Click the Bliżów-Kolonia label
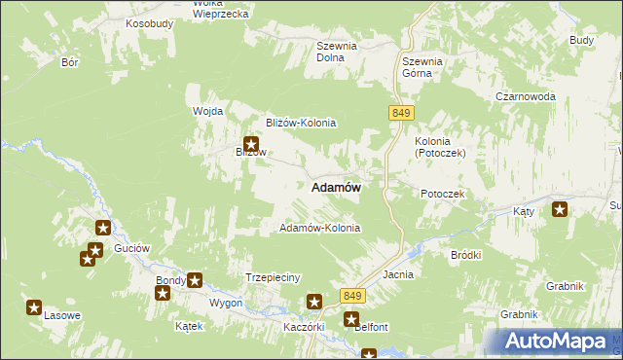point(301,123)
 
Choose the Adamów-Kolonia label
point(319,228)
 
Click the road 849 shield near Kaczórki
point(352,295)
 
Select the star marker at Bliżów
point(249,144)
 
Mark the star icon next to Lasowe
point(34,308)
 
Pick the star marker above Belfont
point(351,318)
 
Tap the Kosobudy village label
point(149,21)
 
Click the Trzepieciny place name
point(272,276)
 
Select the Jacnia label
point(398,274)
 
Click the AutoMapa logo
point(557,342)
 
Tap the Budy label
point(581,40)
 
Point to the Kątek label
point(188,326)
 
